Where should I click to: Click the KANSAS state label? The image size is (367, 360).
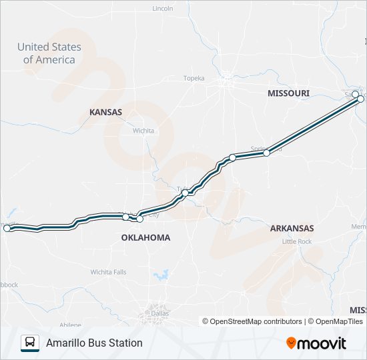pos(105,112)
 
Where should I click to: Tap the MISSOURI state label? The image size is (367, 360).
pos(288,93)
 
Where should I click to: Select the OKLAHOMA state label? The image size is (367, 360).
pos(145,237)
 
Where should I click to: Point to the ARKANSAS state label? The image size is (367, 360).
pos(292,228)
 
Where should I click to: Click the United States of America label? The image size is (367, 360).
pos(49,53)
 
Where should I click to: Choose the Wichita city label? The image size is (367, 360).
pos(143,131)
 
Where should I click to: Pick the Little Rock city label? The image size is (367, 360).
pos(297,241)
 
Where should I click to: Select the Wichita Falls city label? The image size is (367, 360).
pos(108,272)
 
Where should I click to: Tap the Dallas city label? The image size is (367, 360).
pos(158,313)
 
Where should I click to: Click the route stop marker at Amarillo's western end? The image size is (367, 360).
pos(7,228)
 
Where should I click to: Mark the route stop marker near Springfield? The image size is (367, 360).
pos(266,153)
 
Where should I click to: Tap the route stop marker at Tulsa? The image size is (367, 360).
pos(185,193)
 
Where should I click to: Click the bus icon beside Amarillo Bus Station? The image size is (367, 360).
pos(30,343)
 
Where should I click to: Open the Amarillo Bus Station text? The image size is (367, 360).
pos(94,343)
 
